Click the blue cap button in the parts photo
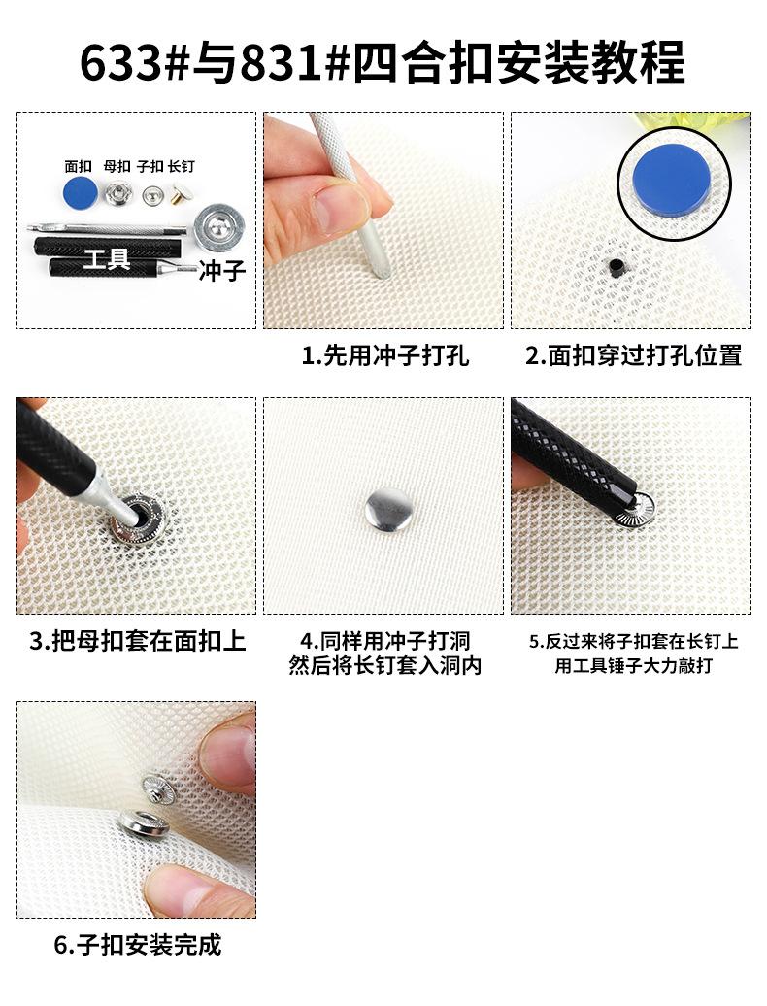(81, 192)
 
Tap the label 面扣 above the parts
(79, 167)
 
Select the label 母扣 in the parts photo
(117, 167)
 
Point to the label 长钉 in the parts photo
(182, 167)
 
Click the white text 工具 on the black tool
(107, 259)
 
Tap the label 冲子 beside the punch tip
(222, 271)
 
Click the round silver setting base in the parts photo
(219, 228)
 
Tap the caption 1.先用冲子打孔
(385, 355)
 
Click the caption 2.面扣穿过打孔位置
(634, 355)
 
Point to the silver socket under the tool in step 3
(136, 518)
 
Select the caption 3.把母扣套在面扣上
(138, 641)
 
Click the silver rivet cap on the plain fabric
(388, 512)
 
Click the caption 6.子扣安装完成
(137, 945)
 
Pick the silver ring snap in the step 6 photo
(144, 823)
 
